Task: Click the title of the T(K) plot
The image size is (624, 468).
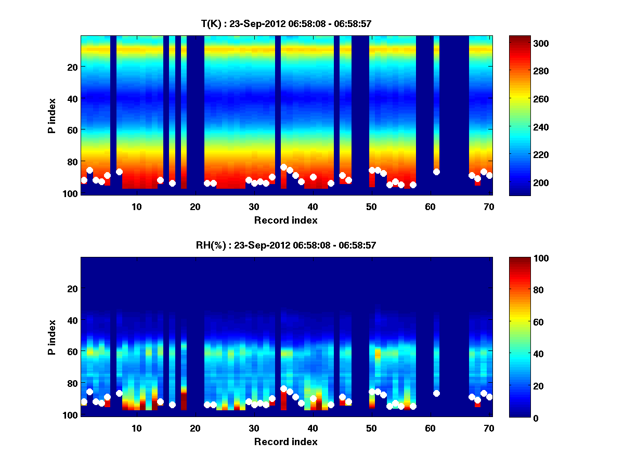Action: (x=287, y=23)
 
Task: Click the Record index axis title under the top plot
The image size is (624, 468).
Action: (x=286, y=220)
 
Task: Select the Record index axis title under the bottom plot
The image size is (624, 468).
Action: (x=286, y=441)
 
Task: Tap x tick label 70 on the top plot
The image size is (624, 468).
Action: (x=489, y=206)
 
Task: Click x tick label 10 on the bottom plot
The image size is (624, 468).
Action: (x=136, y=428)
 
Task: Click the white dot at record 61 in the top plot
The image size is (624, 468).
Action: (x=436, y=172)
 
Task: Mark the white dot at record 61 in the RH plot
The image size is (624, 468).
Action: (x=436, y=393)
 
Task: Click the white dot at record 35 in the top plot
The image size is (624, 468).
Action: (x=283, y=167)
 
